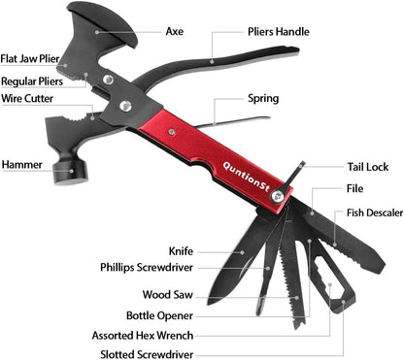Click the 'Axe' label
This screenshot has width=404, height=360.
pos(175,32)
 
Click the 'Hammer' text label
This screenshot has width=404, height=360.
pos(22,165)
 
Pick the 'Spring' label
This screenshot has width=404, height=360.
pos(263,98)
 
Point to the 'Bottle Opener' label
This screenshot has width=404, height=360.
pos(160,314)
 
